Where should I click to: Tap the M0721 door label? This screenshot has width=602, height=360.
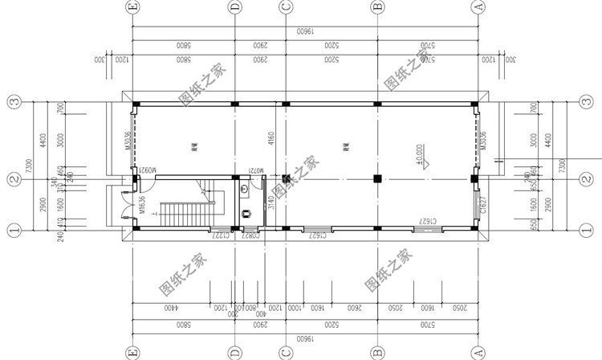254,170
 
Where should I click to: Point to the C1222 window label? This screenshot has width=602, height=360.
221,236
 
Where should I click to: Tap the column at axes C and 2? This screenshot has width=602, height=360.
285,178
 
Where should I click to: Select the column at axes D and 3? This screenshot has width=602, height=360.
234,104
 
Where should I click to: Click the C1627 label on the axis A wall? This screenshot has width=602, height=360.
482,206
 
